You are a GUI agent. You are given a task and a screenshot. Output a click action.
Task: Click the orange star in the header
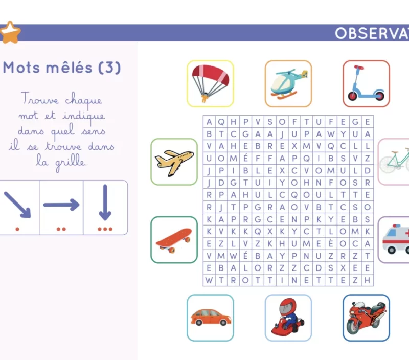10,33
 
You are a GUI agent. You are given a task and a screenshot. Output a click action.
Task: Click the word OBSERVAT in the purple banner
372,33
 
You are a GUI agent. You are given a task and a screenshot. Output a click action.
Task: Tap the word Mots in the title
21,67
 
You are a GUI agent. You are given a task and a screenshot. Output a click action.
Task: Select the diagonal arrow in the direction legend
17,205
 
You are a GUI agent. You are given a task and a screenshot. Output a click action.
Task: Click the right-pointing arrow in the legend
61,205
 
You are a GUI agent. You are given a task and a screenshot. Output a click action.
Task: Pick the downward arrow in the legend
105,202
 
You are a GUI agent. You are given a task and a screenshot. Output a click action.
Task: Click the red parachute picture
210,83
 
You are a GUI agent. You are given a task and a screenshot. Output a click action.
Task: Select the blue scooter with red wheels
366,83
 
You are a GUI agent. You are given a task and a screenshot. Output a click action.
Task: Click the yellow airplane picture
174,162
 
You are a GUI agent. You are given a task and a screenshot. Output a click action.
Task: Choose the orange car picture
211,317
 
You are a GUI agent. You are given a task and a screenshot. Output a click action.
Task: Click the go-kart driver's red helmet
288,306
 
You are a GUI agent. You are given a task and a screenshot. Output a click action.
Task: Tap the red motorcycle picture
366,318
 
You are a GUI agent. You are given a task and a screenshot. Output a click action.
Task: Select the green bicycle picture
394,161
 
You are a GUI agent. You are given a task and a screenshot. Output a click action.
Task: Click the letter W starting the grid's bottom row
209,280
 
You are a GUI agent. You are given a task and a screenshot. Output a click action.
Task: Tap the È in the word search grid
331,243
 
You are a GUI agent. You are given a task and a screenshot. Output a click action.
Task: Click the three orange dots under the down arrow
105,229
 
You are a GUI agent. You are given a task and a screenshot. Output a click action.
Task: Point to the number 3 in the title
109,67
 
